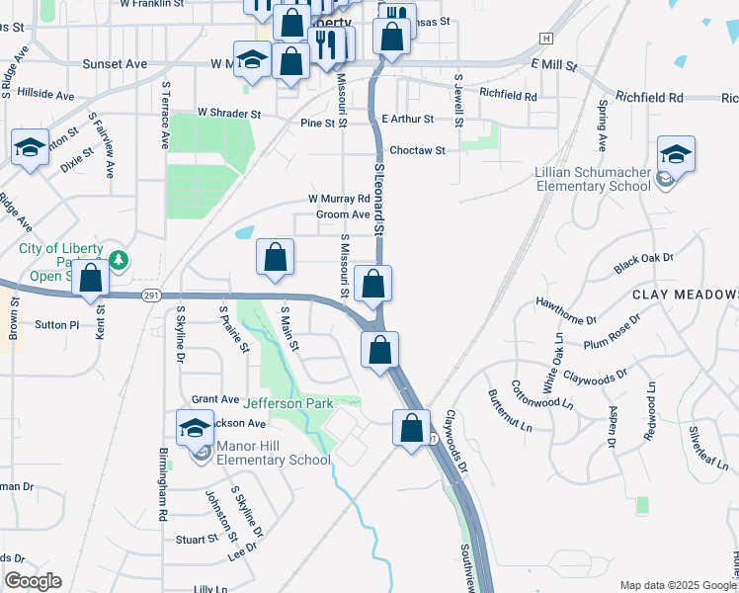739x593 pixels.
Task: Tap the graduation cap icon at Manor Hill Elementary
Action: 195,428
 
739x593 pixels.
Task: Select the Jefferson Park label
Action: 288,403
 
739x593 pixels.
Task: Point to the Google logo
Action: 33,581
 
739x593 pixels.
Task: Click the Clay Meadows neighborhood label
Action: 685,296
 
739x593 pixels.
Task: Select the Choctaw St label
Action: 418,150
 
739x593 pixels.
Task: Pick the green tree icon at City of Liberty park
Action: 120,260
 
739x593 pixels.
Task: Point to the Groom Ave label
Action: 343,214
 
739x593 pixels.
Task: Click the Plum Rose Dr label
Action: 613,332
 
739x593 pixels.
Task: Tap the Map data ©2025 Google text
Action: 677,585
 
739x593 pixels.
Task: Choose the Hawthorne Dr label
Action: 566,310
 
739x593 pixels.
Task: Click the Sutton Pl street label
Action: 55,324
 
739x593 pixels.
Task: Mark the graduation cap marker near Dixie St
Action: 31,148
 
